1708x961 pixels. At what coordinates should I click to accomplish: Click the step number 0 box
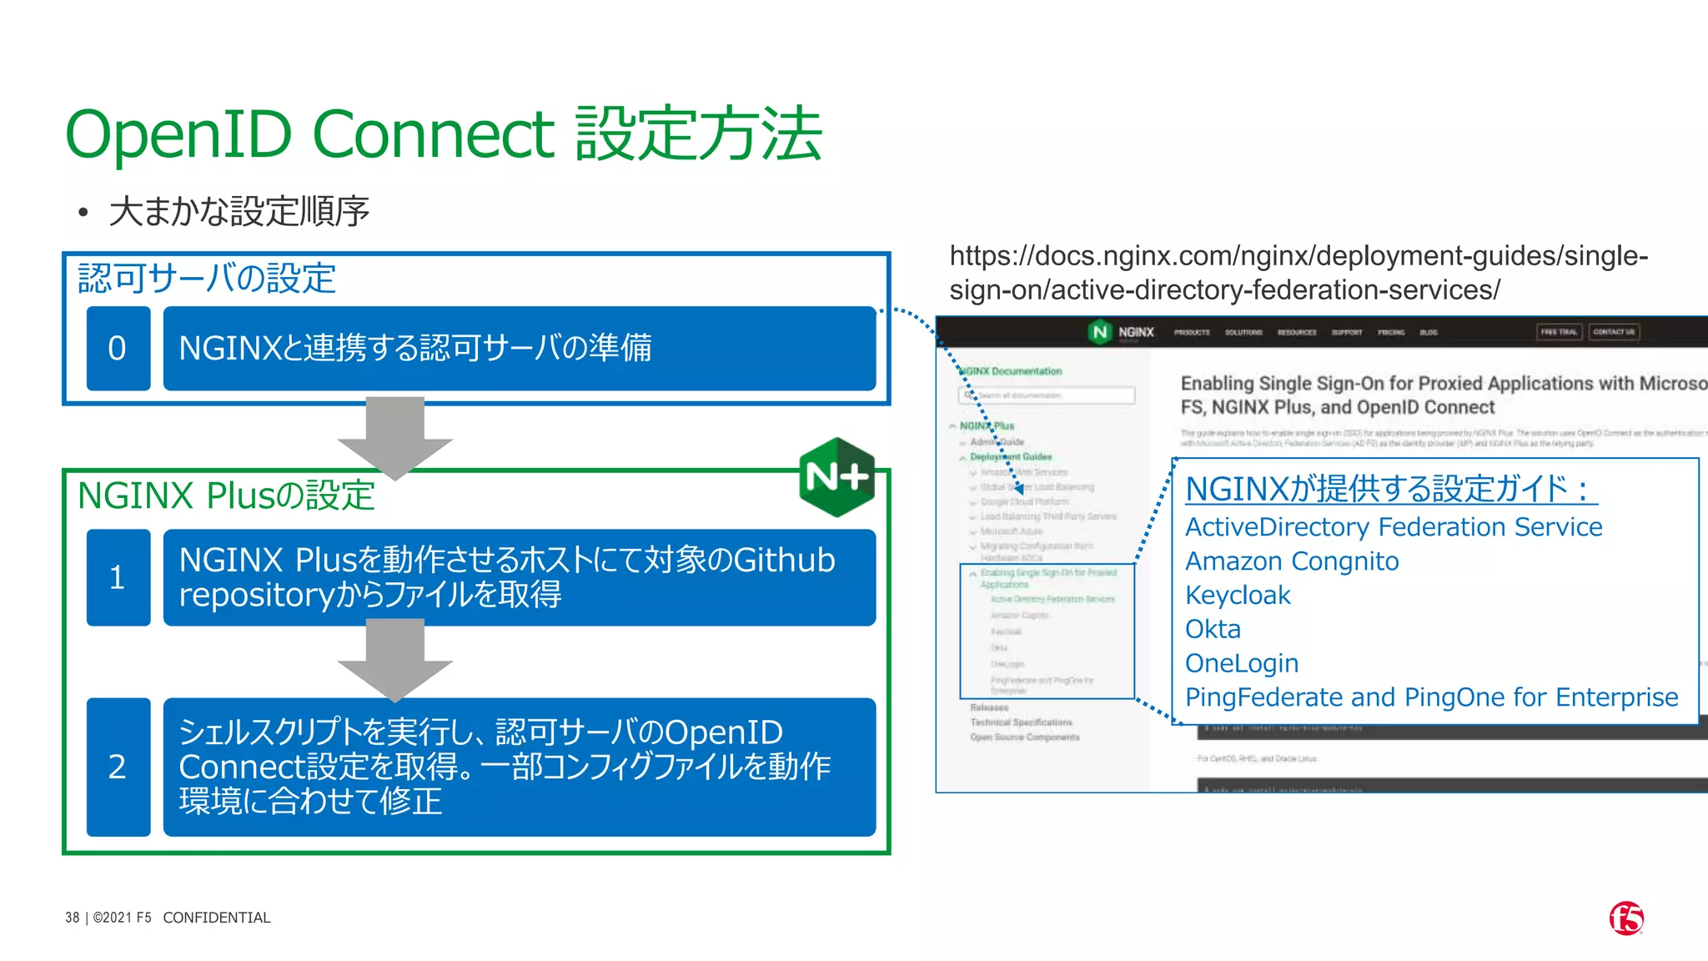point(118,348)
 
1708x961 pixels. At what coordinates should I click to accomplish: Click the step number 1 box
point(118,577)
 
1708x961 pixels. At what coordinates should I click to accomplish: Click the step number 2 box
point(118,767)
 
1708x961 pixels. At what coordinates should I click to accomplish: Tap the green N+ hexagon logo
point(836,476)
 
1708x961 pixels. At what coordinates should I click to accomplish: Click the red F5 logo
point(1625,918)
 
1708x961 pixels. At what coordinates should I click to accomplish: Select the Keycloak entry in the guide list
point(1238,596)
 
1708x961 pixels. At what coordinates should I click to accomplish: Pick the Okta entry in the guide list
point(1213,629)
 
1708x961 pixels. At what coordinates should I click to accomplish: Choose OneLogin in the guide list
point(1242,663)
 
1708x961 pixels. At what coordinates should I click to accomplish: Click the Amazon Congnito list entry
point(1292,561)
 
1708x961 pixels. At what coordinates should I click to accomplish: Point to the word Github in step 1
point(784,560)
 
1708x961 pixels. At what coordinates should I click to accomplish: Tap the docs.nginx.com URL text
point(1298,273)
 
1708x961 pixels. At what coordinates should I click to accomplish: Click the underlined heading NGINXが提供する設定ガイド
point(1390,489)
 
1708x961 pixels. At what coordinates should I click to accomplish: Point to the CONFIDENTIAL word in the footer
point(217,918)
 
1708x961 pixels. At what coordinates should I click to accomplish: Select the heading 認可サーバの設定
point(207,279)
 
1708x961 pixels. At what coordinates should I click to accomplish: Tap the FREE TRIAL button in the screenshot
point(1558,332)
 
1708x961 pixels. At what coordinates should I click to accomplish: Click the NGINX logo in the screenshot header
point(1123,332)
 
